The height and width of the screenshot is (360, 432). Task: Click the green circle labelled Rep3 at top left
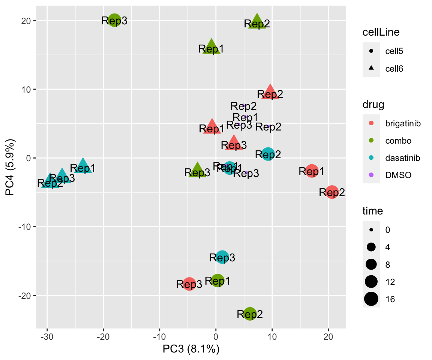click(115, 20)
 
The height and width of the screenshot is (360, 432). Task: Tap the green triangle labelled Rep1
click(211, 46)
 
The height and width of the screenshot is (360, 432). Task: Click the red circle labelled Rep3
click(189, 284)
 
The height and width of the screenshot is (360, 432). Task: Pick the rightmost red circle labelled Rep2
click(332, 192)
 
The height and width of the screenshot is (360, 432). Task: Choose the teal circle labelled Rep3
click(222, 257)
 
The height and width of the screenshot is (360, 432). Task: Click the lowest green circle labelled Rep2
click(250, 314)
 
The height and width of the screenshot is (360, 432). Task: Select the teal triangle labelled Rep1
click(83, 166)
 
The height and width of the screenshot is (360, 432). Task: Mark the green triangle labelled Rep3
click(197, 171)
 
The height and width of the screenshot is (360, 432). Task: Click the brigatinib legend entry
click(400, 123)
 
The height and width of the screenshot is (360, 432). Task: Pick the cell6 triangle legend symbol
click(371, 68)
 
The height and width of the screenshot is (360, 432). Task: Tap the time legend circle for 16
click(371, 299)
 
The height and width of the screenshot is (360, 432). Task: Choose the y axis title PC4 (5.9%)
click(10, 168)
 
